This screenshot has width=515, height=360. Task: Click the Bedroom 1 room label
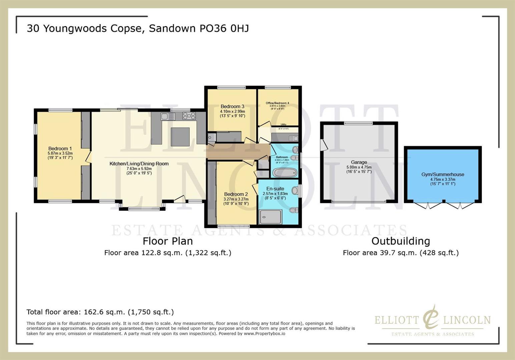pyautogui.click(x=60, y=149)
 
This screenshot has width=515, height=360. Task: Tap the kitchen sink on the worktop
pyautogui.click(x=167, y=116)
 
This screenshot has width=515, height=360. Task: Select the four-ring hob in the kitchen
pyautogui.click(x=189, y=116)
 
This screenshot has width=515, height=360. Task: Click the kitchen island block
pyautogui.click(x=180, y=137)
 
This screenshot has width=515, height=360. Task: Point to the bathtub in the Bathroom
pyautogui.click(x=285, y=173)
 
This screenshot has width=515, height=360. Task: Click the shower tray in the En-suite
pyautogui.click(x=270, y=217)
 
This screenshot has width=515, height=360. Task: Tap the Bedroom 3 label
pyautogui.click(x=232, y=106)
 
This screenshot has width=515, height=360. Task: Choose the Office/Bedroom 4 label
pyautogui.click(x=277, y=103)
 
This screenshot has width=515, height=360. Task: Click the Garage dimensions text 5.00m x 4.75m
pyautogui.click(x=359, y=167)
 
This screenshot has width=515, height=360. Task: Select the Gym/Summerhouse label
pyautogui.click(x=443, y=174)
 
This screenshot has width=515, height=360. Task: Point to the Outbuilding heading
pyautogui.click(x=400, y=241)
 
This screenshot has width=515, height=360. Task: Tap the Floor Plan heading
pyautogui.click(x=167, y=241)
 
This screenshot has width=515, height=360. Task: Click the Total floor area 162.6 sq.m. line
pyautogui.click(x=100, y=312)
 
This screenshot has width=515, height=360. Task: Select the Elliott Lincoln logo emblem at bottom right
pyautogui.click(x=431, y=317)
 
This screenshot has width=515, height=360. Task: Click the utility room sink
pyautogui.click(x=293, y=138)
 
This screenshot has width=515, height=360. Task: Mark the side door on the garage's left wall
pyautogui.click(x=323, y=145)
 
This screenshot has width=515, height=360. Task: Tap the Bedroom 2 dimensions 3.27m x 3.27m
pyautogui.click(x=236, y=199)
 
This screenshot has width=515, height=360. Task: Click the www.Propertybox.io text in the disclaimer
pyautogui.click(x=264, y=333)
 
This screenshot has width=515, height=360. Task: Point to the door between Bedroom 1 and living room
pyautogui.click(x=88, y=157)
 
